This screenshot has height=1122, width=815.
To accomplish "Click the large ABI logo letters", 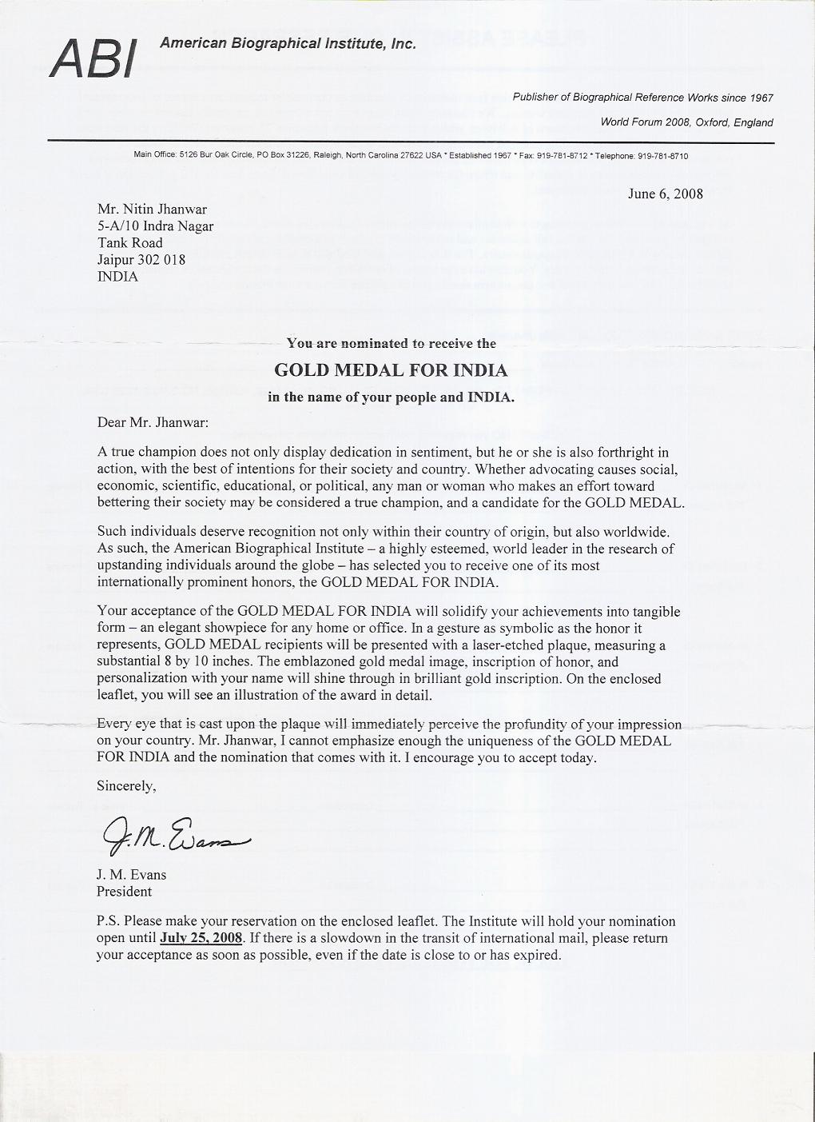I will [x=93, y=58].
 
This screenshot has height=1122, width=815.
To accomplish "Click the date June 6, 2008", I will [x=666, y=194].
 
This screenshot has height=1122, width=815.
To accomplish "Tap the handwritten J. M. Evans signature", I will [x=176, y=835].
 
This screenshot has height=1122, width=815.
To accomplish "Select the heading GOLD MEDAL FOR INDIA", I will [x=391, y=370].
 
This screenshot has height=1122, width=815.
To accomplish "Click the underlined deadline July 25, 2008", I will [x=201, y=938].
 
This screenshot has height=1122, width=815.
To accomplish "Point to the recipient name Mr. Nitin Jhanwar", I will [x=152, y=210].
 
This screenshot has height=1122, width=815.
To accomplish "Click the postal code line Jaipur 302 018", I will [x=141, y=260].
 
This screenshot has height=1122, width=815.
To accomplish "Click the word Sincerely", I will [x=126, y=785].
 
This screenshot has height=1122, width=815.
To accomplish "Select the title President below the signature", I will [x=124, y=891].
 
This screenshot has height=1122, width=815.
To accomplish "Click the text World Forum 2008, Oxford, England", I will [x=686, y=122].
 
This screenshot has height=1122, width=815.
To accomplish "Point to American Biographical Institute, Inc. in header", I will [x=288, y=44].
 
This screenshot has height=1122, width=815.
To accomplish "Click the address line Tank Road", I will [x=129, y=243].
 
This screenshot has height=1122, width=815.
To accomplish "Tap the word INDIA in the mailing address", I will [x=117, y=277].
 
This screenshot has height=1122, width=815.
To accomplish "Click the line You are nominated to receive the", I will [x=391, y=344].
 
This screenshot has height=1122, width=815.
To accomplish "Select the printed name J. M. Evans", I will [x=132, y=874].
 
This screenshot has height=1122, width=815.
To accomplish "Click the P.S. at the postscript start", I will [x=108, y=921].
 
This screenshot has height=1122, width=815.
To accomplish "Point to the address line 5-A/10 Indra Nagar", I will [x=155, y=226].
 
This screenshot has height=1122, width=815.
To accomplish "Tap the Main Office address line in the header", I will [x=411, y=156].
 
